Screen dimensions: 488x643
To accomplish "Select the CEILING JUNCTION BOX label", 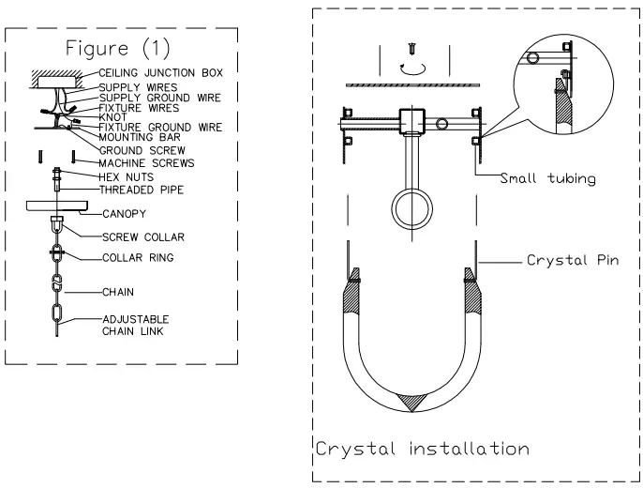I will [160, 72].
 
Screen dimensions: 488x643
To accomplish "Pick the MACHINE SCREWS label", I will [147, 163].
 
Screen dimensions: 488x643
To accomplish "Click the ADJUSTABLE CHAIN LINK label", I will [136, 325].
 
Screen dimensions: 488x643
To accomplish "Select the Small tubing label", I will [547, 178].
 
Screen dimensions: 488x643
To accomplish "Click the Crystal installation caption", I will [422, 449].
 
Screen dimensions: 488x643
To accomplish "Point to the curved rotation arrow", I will [411, 68].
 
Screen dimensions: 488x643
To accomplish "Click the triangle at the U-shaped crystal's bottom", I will [411, 401].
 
